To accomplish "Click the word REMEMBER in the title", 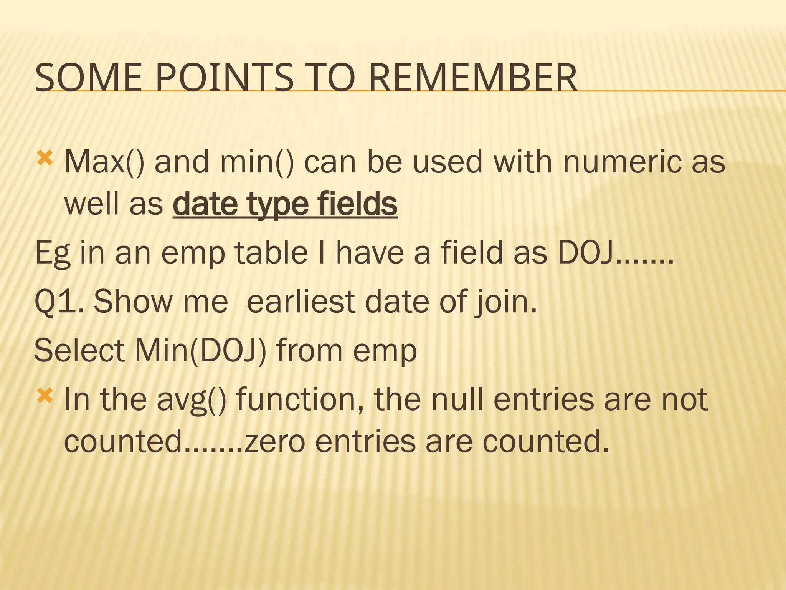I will [472, 78].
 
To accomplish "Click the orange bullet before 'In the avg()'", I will [45, 396].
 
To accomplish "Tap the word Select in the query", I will [80, 350].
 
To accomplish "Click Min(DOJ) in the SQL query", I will [200, 350].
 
